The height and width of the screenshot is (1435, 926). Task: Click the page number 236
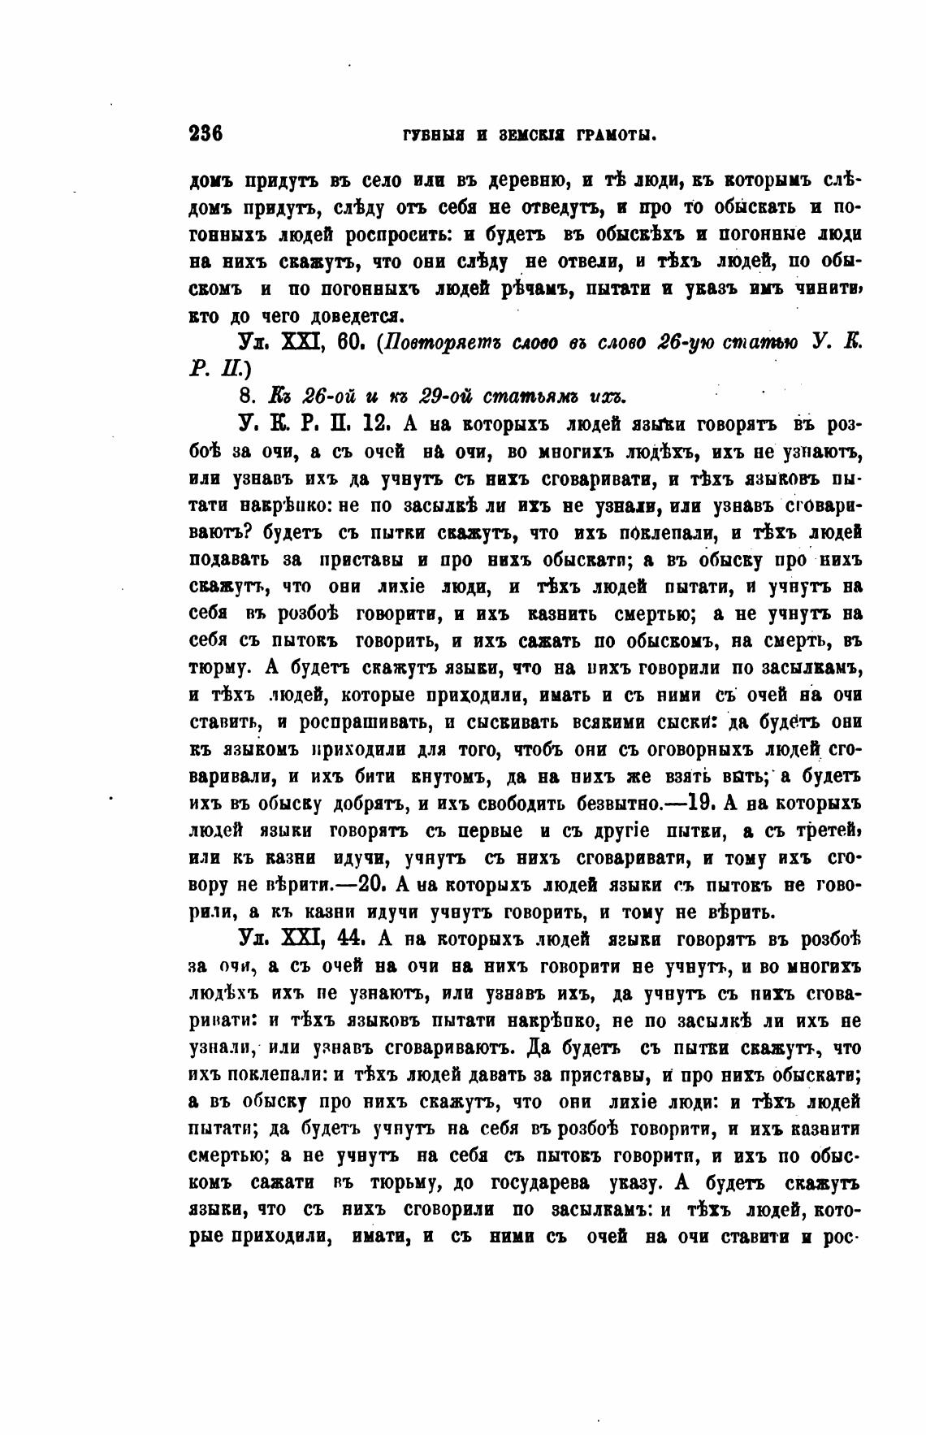tap(206, 133)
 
